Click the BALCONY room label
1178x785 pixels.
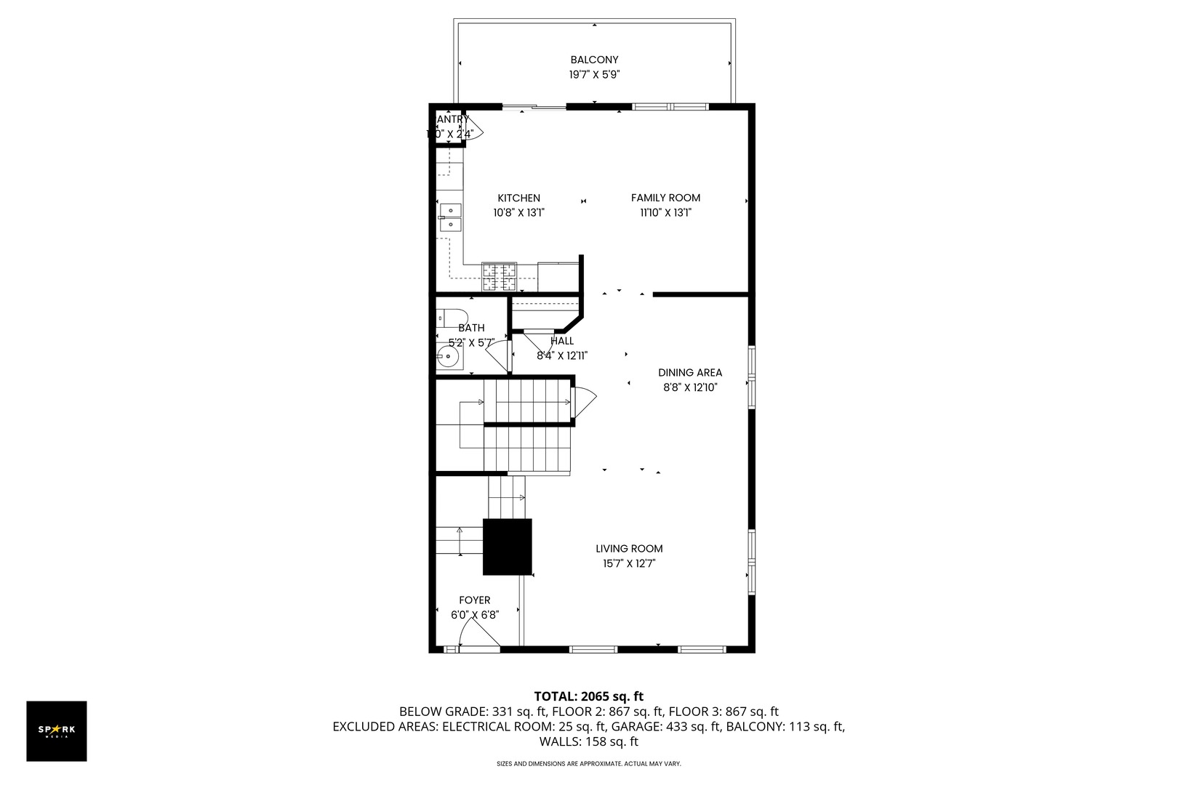(x=594, y=60)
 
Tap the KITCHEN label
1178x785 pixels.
(x=518, y=198)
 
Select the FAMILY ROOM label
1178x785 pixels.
(x=665, y=198)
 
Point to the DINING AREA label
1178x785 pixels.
(x=690, y=373)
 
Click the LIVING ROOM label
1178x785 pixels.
(x=629, y=549)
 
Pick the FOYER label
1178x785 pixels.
(x=474, y=600)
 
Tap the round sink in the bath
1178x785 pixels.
(x=448, y=357)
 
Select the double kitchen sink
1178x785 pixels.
(x=449, y=217)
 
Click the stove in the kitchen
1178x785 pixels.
(x=499, y=277)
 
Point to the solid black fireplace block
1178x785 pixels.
(x=508, y=547)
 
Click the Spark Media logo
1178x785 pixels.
(x=57, y=731)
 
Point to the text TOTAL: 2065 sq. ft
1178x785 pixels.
(x=588, y=696)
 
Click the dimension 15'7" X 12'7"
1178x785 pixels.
(x=629, y=563)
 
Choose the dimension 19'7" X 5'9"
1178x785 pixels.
(x=594, y=74)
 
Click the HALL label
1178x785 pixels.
(x=562, y=341)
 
